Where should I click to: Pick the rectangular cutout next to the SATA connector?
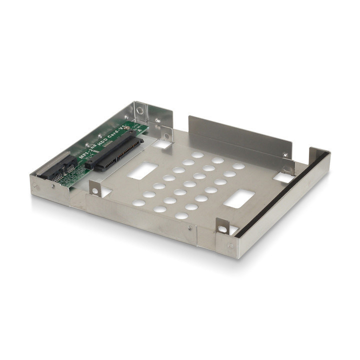pos(142,171)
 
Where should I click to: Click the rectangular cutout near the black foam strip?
pos(239,198)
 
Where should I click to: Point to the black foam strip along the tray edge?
pos(285,195)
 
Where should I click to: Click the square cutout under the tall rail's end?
pos(284,177)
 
